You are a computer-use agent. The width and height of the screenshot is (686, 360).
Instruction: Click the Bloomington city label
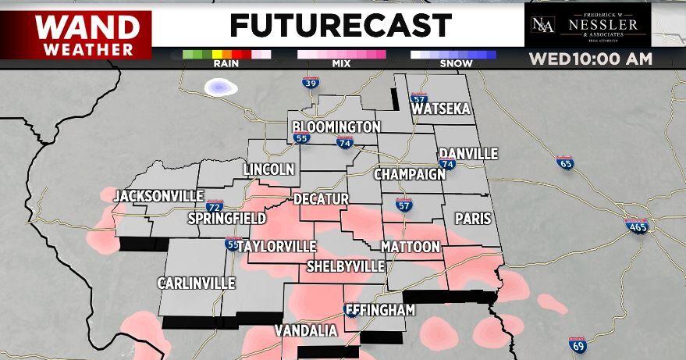point(336,127)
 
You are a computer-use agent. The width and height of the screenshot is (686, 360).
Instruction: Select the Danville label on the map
point(467,154)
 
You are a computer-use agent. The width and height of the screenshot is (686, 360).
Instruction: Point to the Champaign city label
point(409,174)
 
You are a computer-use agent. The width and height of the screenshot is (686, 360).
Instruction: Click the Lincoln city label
point(268,169)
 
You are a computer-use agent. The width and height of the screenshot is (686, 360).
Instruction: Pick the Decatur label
point(321,199)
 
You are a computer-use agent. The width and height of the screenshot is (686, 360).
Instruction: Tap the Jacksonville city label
point(158,196)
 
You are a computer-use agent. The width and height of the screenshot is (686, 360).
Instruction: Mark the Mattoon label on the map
point(411,247)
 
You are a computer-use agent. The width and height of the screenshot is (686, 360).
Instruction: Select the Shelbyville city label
point(345,266)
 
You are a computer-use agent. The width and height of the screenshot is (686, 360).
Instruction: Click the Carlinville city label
point(196,283)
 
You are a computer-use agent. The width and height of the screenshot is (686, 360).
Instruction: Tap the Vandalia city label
point(306,331)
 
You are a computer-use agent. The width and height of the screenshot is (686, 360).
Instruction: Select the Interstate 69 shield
point(578,344)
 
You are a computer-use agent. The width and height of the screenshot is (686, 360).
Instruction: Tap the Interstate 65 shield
point(565,163)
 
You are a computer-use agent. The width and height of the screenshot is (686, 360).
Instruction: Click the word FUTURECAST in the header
point(340,26)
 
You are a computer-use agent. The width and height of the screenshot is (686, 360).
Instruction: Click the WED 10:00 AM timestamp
point(590,59)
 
